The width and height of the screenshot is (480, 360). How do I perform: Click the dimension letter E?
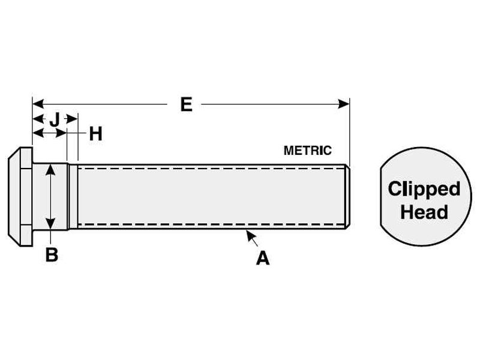point(186,104)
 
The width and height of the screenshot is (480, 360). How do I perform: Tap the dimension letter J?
point(54,119)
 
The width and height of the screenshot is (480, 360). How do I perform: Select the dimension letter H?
point(95,133)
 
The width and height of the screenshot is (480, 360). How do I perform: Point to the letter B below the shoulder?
point(52,254)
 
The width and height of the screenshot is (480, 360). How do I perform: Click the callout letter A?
point(262,259)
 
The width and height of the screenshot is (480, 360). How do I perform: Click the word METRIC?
point(307,151)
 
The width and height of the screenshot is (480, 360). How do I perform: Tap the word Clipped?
point(424,189)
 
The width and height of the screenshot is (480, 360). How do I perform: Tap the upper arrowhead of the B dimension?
point(52,169)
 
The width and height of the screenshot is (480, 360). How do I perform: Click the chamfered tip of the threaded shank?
point(347,196)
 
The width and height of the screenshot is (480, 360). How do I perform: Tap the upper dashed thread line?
point(210,169)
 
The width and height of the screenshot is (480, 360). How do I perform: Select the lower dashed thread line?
point(210,225)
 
